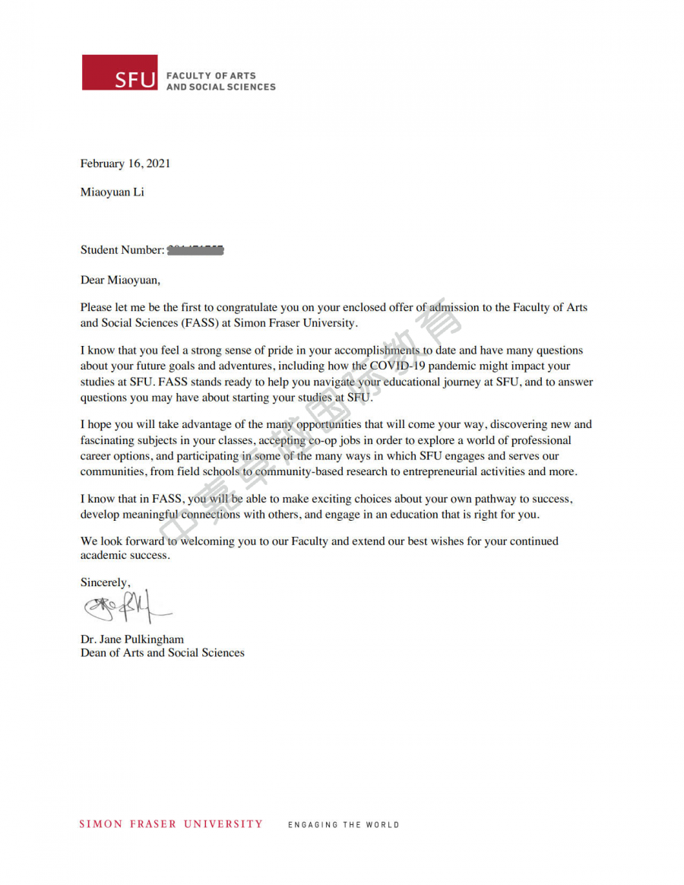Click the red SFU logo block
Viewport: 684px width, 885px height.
click(x=119, y=72)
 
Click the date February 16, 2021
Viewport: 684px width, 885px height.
click(x=125, y=163)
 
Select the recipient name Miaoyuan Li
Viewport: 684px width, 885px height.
click(x=112, y=192)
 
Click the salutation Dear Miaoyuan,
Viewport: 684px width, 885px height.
click(x=121, y=280)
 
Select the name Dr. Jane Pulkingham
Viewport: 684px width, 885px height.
click(x=132, y=639)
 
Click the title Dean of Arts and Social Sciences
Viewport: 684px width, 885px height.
click(x=163, y=652)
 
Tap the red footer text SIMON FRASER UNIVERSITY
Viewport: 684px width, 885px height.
click(x=171, y=824)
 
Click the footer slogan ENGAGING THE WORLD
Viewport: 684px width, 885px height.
click(x=344, y=825)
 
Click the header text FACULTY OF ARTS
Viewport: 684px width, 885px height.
click(x=211, y=76)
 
